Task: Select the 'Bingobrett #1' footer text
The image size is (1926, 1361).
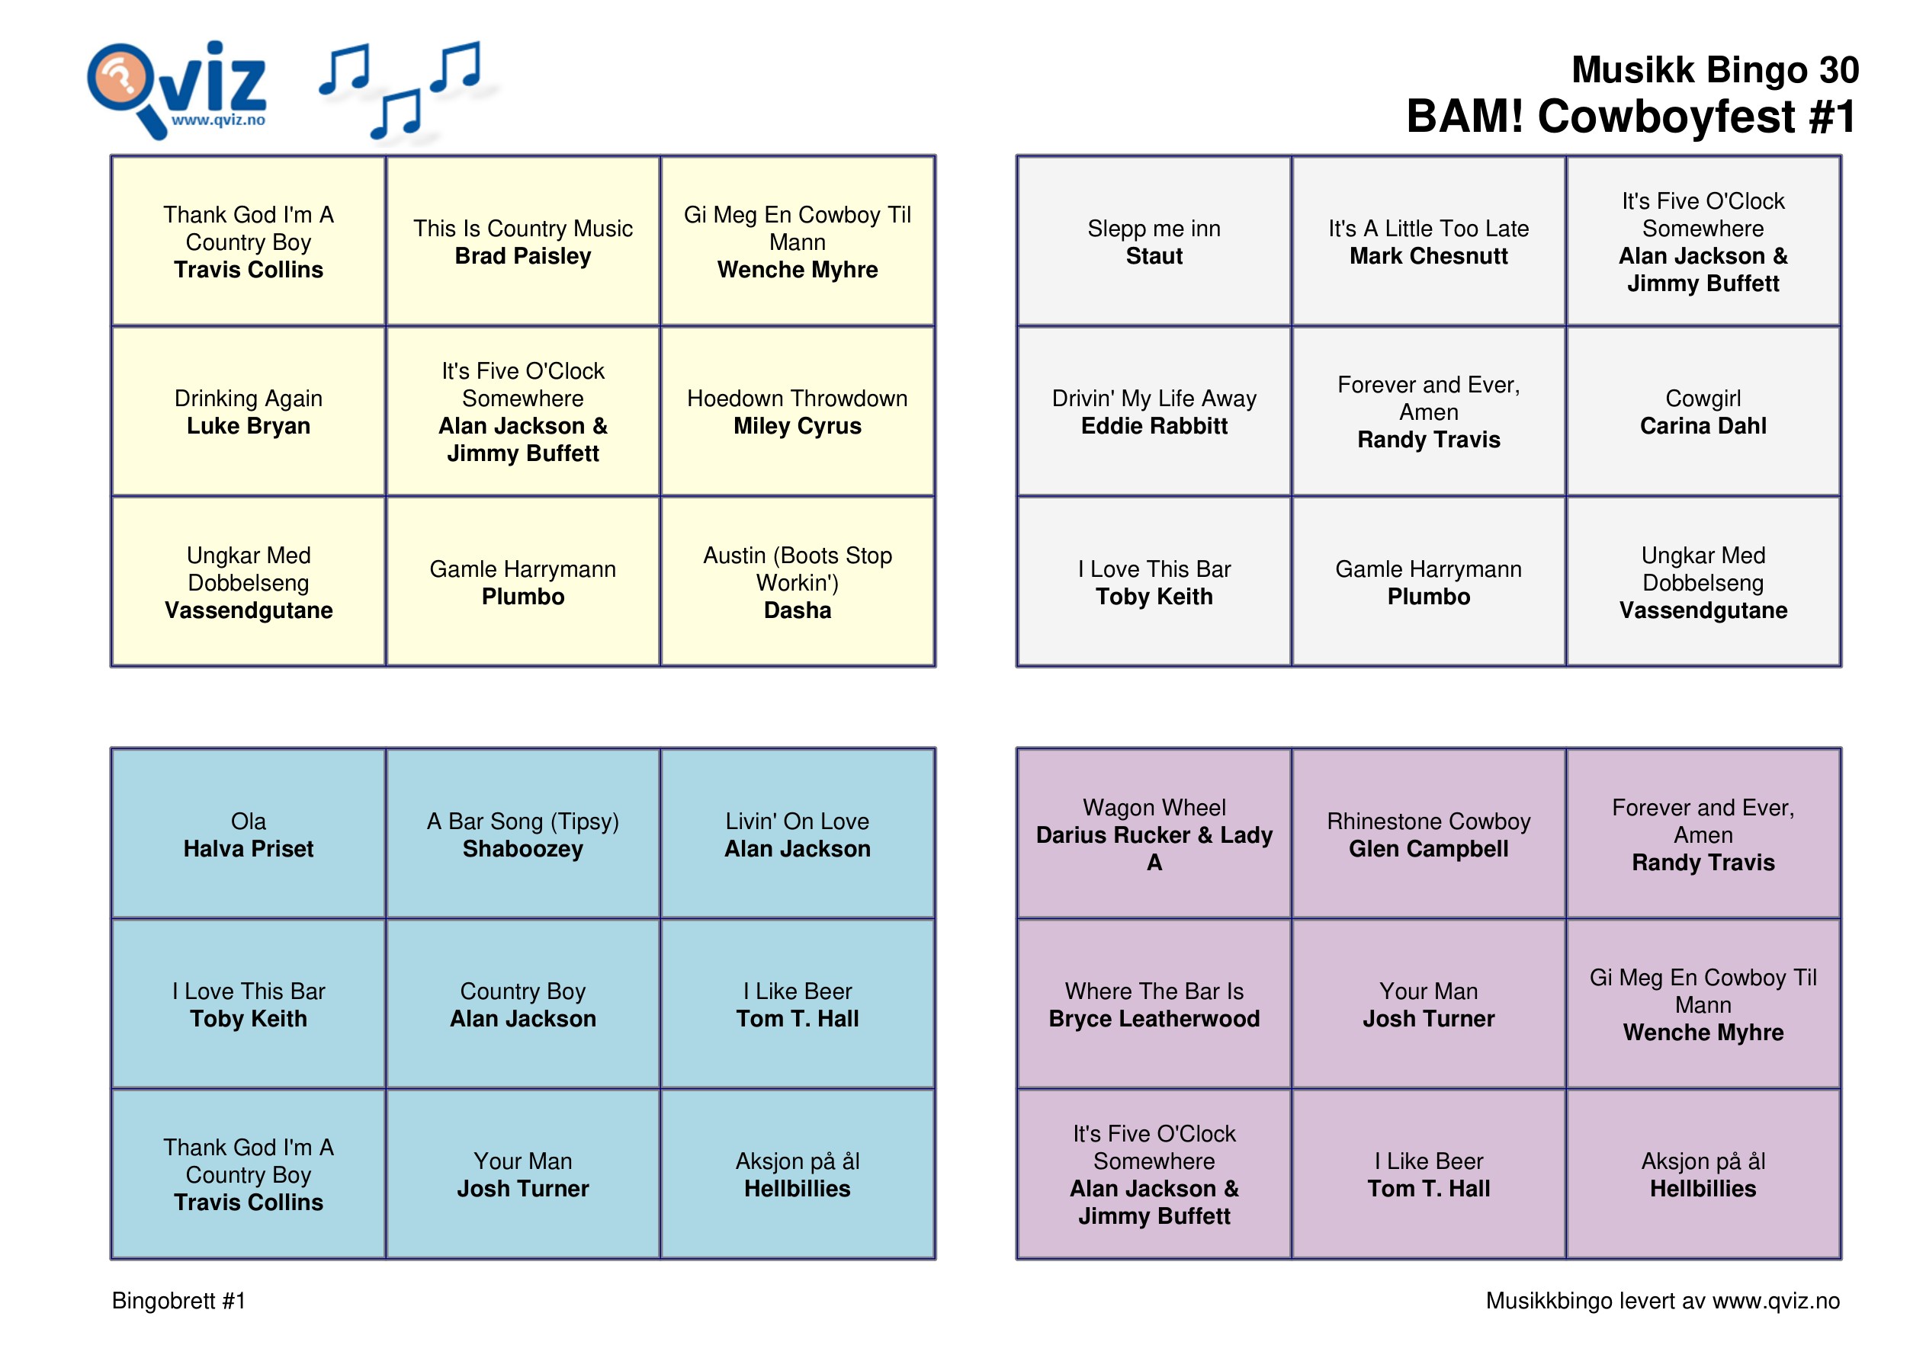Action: [x=178, y=1300]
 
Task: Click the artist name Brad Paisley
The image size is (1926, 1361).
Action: [x=522, y=256]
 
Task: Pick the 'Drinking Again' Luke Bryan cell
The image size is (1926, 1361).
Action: [x=249, y=412]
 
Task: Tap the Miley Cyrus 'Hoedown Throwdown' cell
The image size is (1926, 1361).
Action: [x=797, y=412]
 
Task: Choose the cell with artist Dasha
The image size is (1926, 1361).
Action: [x=797, y=583]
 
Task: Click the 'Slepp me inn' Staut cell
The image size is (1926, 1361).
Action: [x=1154, y=242]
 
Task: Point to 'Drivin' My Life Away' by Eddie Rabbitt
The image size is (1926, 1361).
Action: [x=1154, y=412]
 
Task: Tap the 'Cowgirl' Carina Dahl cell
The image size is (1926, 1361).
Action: [x=1702, y=412]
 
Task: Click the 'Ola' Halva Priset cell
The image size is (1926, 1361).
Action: [x=249, y=834]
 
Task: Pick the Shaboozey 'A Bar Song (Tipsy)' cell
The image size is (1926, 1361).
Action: [x=522, y=834]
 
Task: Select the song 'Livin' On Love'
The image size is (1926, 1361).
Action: [x=797, y=821]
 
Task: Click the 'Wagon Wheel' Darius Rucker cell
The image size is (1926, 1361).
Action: [x=1154, y=834]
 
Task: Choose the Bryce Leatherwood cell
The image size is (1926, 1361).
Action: [x=1154, y=1004]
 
